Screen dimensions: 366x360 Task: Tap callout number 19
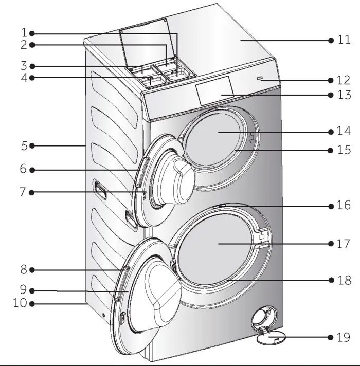click(344, 337)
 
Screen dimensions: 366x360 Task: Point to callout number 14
click(344, 131)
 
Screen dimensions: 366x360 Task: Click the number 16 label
click(344, 206)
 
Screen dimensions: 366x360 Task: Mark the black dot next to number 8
click(32, 269)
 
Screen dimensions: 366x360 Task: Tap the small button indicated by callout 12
click(260, 79)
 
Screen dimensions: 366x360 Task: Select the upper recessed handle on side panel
click(99, 189)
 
